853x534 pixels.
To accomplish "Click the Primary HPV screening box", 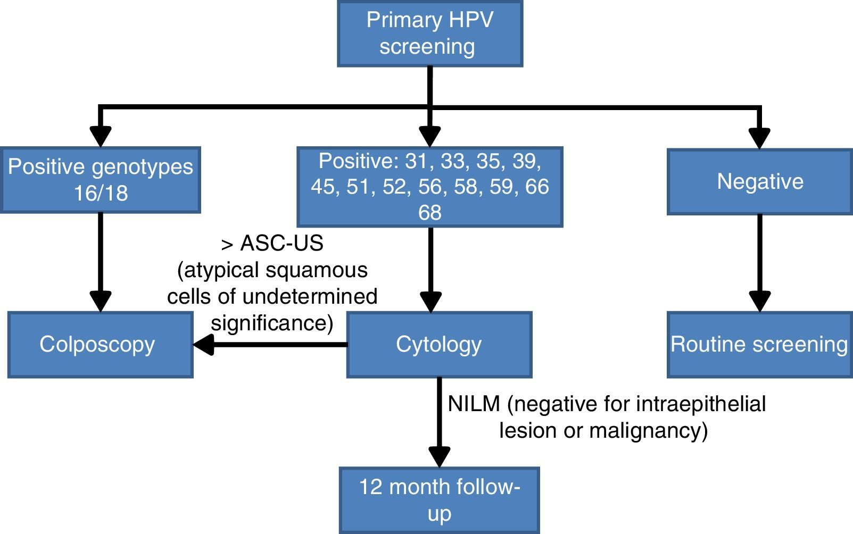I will pos(429,33).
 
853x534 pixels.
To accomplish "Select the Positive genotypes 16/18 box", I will pos(101,180).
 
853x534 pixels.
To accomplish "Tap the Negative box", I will pos(759,182).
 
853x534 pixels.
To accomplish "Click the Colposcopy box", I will pos(100,345).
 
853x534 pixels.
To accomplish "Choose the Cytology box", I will pos(439,345).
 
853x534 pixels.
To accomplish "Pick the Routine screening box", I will pos(759,345).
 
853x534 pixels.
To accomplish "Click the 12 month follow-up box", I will pos(439,500).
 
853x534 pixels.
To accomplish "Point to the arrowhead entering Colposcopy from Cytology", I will pos(204,345).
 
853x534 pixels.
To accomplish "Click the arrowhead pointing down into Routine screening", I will pos(759,301).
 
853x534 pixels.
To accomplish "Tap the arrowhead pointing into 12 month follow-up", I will pos(439,456).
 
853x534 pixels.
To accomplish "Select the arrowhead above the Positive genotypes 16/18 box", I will pos(101,136).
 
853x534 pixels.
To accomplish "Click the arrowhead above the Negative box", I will pos(759,137).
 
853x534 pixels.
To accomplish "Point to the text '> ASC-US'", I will pos(272,244).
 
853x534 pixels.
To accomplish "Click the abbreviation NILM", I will pos(474,404).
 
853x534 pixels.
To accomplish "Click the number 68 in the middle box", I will pos(429,213).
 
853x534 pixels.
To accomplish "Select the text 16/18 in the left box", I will pos(101,193).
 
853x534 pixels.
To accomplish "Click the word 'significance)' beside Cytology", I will pos(272,323).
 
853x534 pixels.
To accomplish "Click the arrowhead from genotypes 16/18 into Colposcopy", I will pos(101,301).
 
